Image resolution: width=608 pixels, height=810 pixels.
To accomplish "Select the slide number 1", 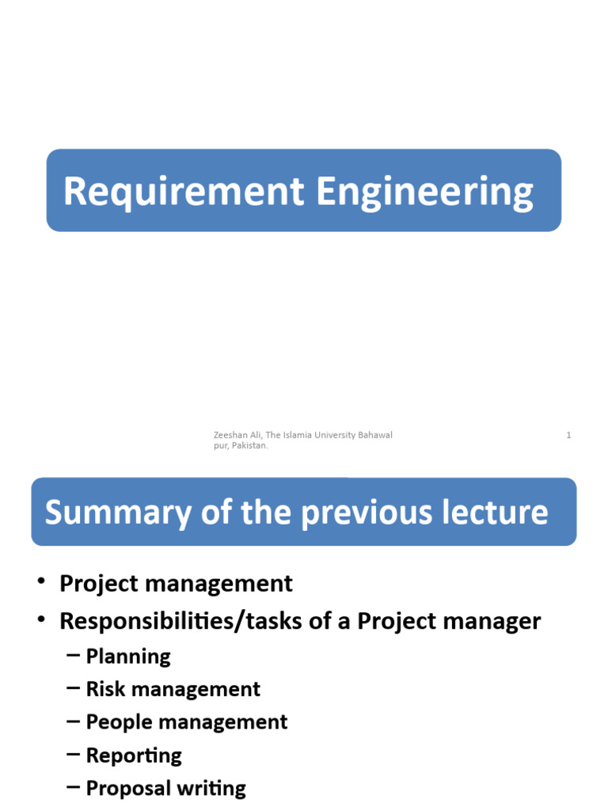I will (568, 435).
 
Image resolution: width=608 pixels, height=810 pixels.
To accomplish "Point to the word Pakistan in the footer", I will (249, 446).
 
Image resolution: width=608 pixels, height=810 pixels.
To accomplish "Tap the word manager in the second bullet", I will (496, 622).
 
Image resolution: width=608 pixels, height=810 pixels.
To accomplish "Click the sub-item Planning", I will (128, 657).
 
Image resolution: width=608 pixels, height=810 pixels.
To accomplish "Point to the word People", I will (116, 722).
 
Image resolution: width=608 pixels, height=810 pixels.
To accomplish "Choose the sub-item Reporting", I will (134, 755).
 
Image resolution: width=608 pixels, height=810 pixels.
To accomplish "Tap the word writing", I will (211, 789).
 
